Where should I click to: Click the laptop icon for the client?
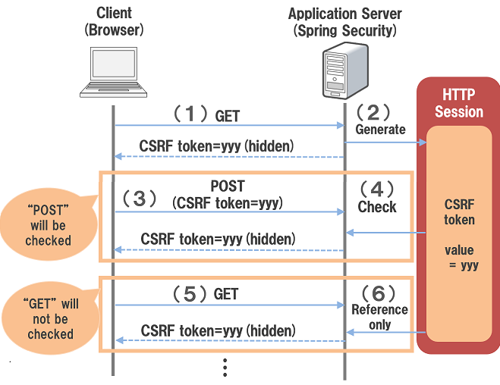point(114,72)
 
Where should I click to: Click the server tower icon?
point(345,70)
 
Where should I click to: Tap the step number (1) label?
point(190,114)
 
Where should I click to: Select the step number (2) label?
point(373,112)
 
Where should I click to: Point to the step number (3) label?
point(140,199)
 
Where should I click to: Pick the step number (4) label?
point(377,189)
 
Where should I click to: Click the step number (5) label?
point(190,294)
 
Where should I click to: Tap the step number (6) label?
point(379,293)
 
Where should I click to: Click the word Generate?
point(380,130)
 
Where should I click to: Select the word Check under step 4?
point(377,207)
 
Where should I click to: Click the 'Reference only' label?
point(379,318)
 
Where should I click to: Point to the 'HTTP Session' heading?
point(459,103)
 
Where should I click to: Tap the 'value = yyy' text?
point(461,258)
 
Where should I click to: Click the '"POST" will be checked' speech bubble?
point(49,224)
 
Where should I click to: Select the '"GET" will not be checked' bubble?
point(50,318)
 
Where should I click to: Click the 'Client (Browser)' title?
point(114,22)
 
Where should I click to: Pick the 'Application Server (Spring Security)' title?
point(344,22)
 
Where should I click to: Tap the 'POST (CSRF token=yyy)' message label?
point(228,195)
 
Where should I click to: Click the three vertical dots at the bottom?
point(225,368)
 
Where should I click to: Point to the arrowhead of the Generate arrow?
point(423,142)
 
